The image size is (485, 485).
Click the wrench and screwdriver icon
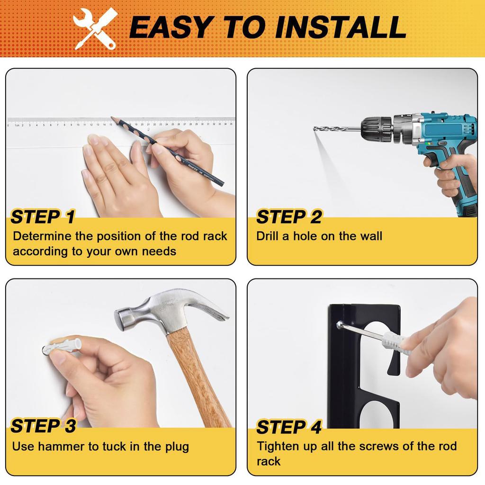point(96,28)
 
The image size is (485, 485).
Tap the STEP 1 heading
point(43,217)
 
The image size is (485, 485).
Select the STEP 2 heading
point(288,217)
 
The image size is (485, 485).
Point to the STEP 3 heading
point(43,426)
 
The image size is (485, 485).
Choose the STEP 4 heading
point(288,427)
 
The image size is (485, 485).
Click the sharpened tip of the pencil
point(113,118)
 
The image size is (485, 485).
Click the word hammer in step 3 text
point(59,446)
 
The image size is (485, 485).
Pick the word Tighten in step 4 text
point(278,446)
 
